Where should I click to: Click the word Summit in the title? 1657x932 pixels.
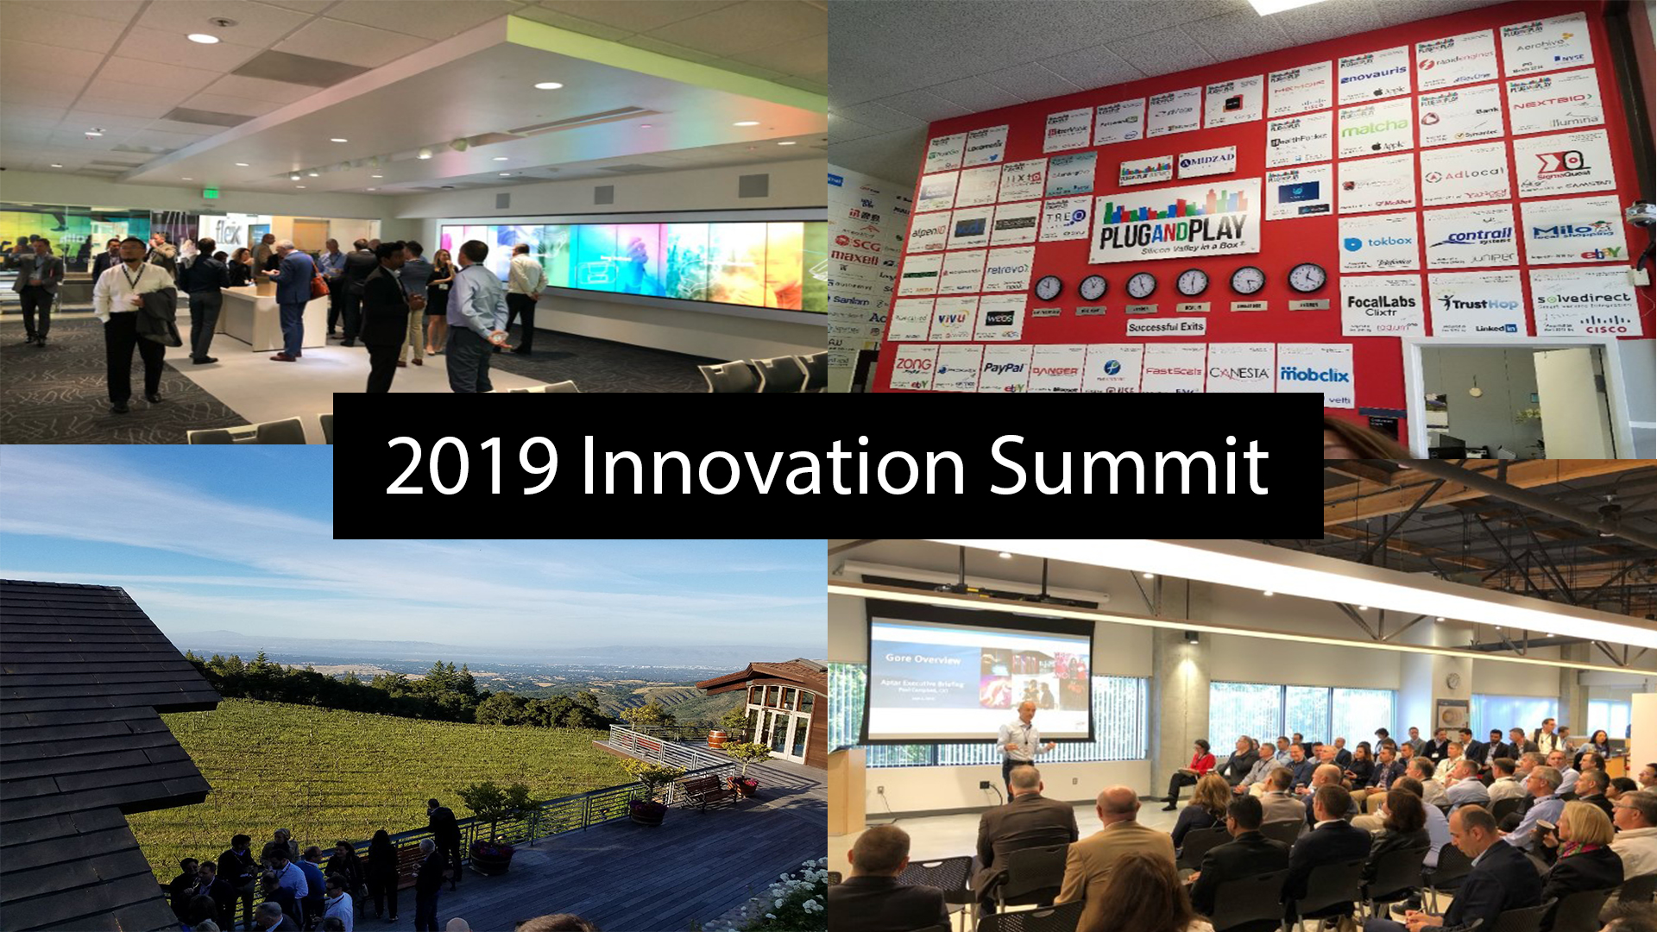coord(1128,467)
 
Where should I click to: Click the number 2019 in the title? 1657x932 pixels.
coord(472,467)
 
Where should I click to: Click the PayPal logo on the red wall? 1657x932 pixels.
coord(1004,368)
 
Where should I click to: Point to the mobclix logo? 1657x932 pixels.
coord(1314,374)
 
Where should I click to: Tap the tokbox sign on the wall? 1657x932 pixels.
coord(1382,243)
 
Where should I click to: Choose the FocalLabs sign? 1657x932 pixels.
coord(1381,305)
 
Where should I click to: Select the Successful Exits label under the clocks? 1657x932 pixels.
coord(1165,327)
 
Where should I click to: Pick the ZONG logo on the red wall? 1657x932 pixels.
coord(913,366)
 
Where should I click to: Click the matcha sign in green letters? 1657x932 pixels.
coord(1374,129)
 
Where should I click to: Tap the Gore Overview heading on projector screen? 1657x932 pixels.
coord(923,658)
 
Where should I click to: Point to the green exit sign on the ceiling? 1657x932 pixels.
coord(210,193)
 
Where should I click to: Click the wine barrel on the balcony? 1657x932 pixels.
coord(717,739)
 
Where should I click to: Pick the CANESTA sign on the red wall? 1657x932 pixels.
coord(1238,372)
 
